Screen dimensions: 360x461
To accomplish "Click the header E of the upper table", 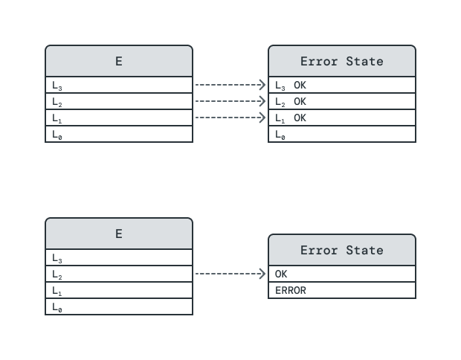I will [119, 61].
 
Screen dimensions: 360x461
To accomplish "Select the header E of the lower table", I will [119, 234].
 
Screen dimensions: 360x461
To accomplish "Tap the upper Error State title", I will [342, 61].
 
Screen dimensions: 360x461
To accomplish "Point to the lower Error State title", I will [342, 250].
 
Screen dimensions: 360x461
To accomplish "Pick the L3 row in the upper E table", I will [119, 85].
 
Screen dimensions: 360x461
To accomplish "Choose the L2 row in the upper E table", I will [119, 101].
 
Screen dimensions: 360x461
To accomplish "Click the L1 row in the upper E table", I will [119, 118].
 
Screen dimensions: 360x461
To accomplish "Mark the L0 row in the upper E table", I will [119, 134].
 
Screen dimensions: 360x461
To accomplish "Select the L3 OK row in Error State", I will [342, 85].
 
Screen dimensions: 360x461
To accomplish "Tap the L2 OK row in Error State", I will [342, 101].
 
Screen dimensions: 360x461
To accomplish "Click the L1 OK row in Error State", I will [342, 118].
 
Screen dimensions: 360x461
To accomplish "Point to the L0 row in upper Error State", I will [342, 134].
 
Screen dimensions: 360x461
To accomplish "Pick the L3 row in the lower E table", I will [119, 257].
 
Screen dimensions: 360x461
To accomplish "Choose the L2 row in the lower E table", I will [119, 274].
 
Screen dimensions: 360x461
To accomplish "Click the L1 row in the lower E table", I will [119, 290].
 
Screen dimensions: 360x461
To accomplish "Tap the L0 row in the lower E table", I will [119, 306].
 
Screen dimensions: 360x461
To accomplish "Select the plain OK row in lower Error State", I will [342, 274].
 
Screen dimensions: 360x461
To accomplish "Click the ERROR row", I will [342, 290].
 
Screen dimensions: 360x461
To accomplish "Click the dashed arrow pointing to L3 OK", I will [230, 85].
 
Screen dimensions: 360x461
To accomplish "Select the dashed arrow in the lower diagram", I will [230, 274].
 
